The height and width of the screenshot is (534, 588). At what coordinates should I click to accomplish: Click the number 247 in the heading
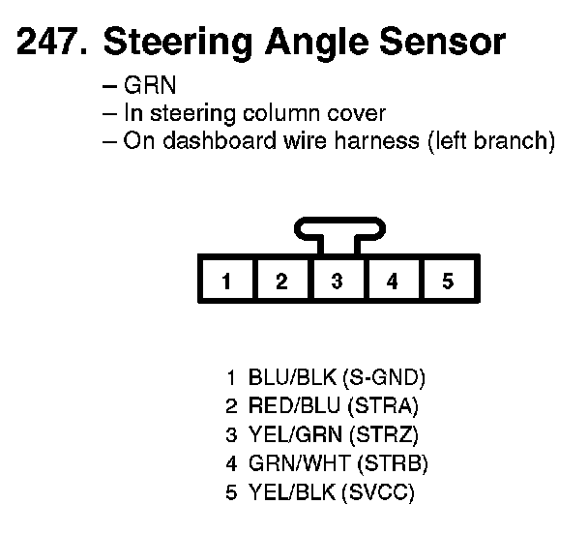(x=48, y=43)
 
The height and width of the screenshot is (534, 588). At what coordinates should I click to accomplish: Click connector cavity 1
(x=226, y=282)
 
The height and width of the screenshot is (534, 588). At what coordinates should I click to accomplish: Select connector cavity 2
(x=281, y=282)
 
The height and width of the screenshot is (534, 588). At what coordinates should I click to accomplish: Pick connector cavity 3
(x=337, y=282)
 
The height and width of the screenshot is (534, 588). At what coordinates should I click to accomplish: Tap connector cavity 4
(x=392, y=282)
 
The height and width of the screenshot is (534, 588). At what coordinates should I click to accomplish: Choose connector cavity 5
(x=448, y=282)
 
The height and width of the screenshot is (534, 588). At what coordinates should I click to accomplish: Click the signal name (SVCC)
(x=378, y=493)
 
